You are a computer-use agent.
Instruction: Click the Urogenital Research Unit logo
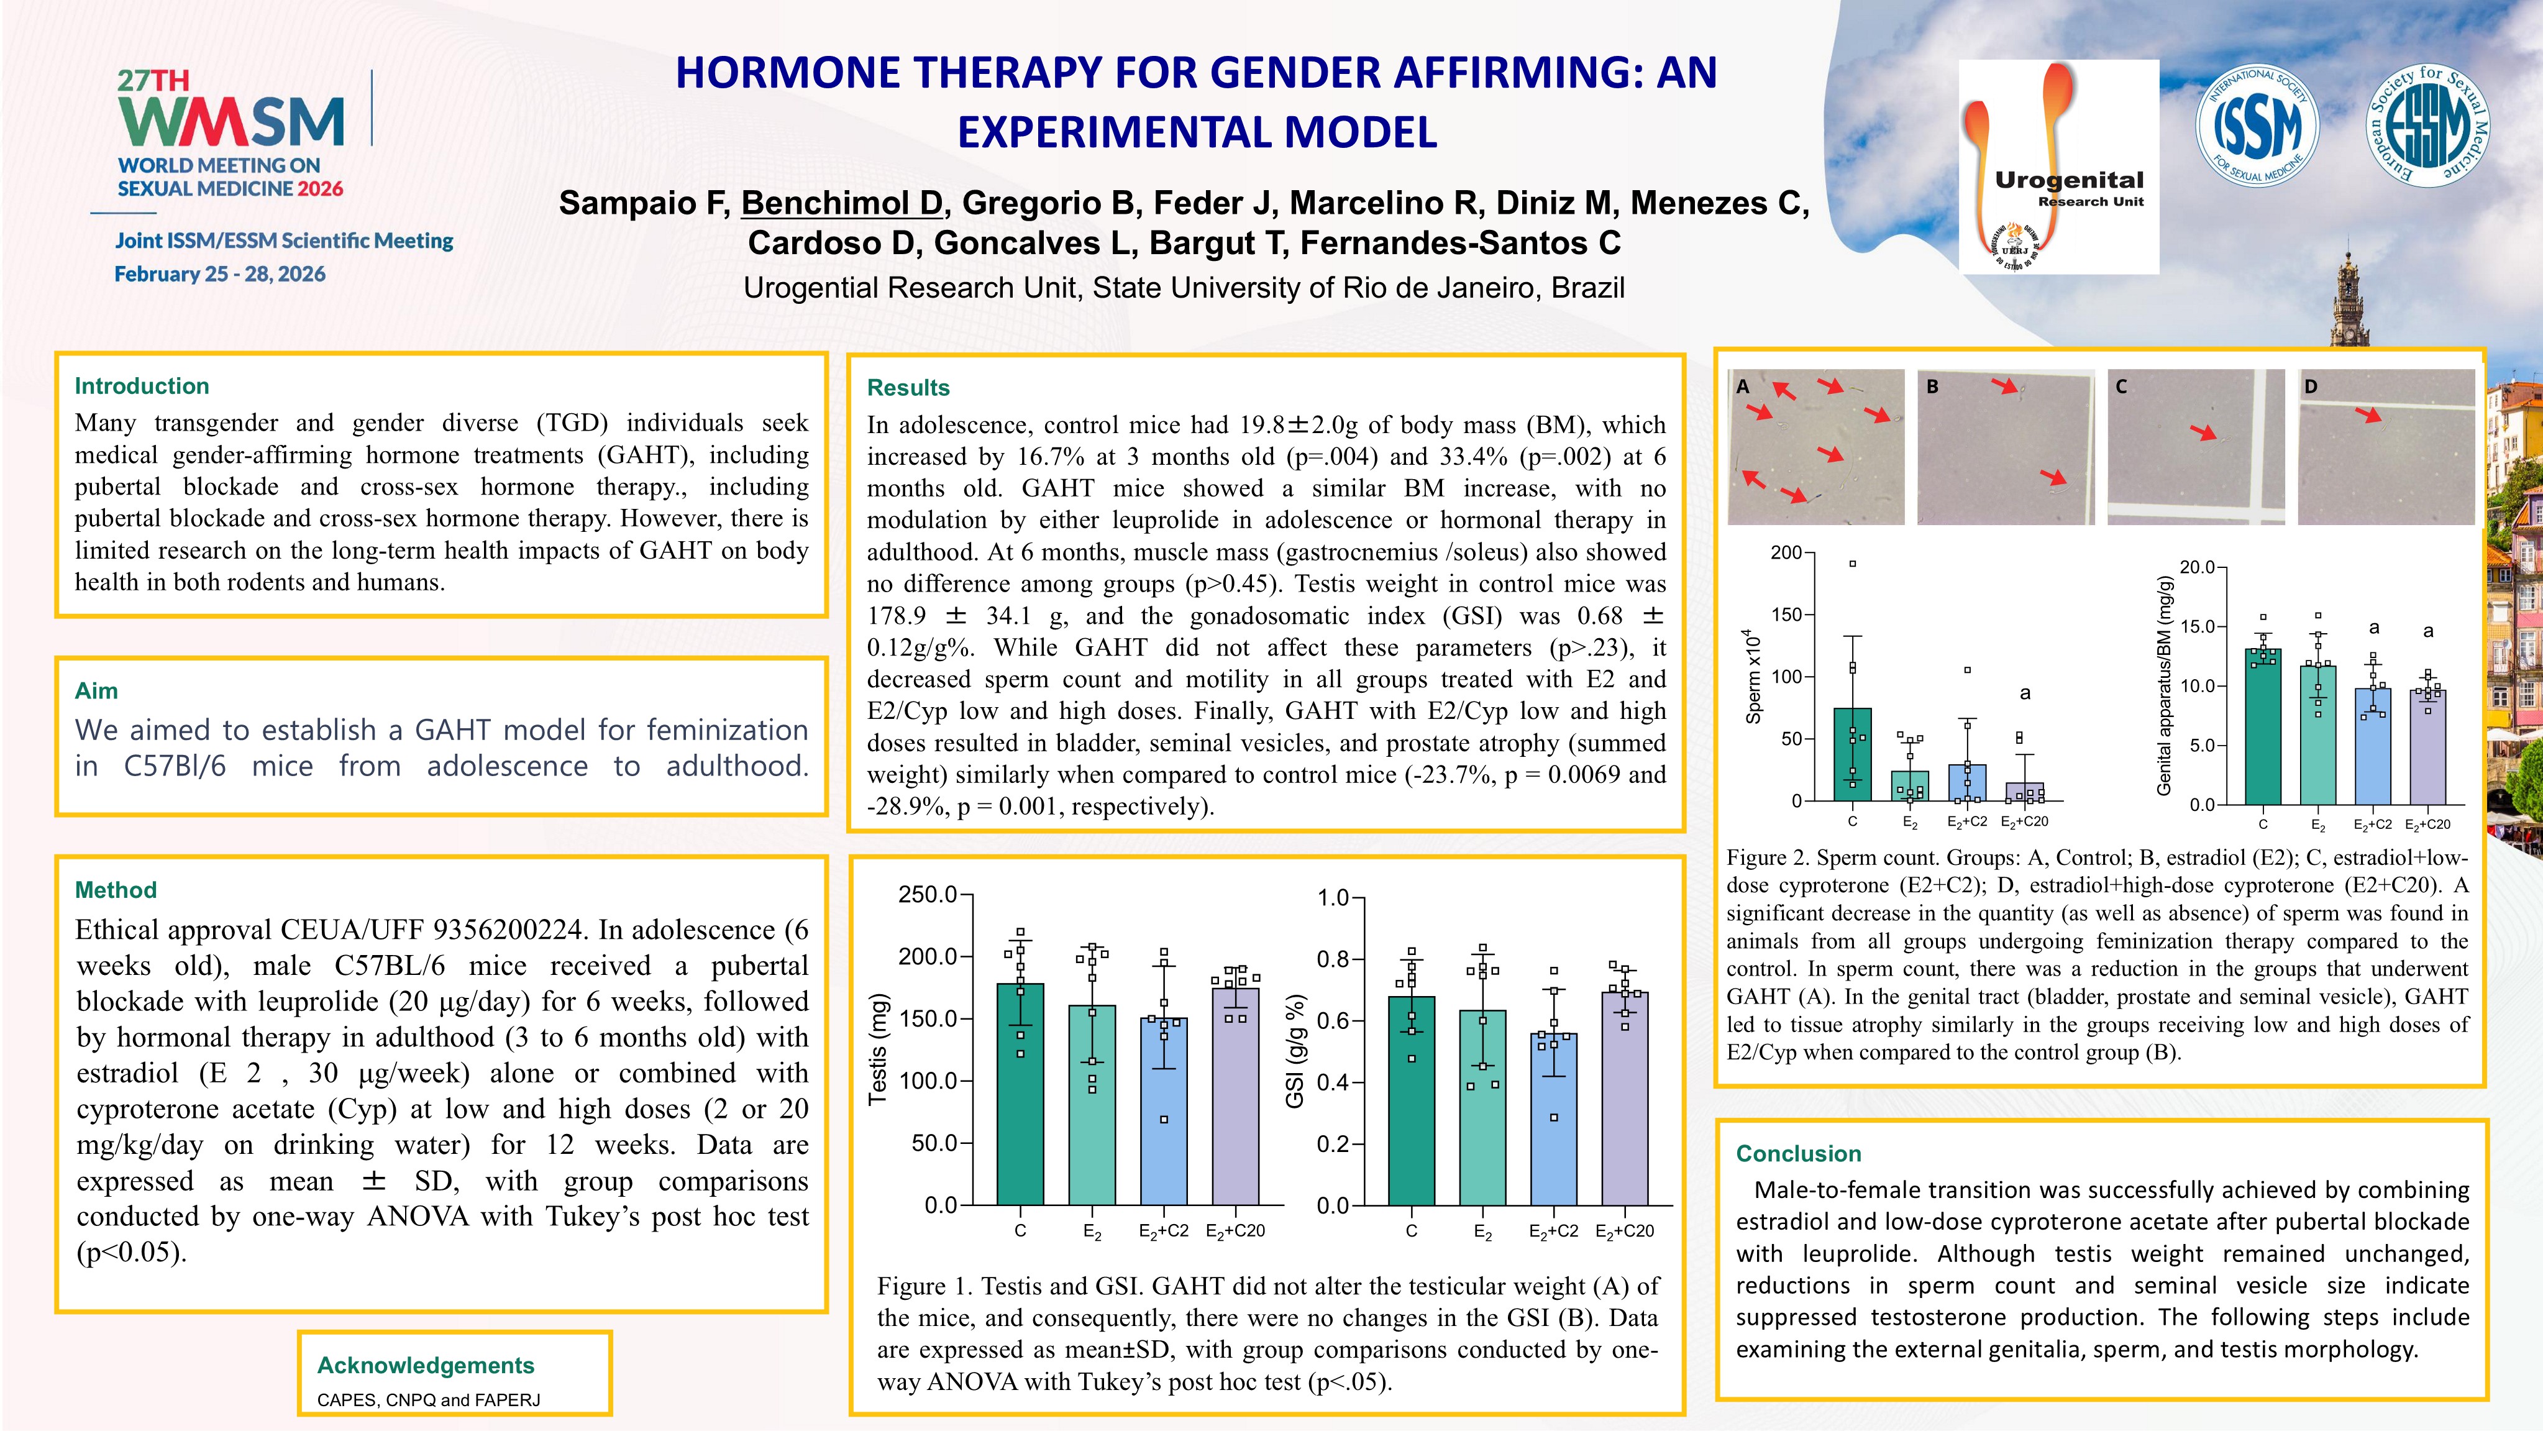(2058, 166)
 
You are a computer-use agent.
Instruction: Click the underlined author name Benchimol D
(842, 203)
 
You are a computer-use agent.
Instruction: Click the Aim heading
(96, 690)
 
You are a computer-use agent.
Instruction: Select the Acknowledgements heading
(426, 1365)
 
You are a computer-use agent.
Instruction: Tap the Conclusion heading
(1799, 1153)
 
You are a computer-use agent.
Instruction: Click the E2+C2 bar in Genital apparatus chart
(2372, 747)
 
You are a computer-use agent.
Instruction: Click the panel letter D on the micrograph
(2311, 386)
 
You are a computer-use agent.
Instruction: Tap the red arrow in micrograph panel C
(2203, 432)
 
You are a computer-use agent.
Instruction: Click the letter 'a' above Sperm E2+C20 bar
(2025, 693)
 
